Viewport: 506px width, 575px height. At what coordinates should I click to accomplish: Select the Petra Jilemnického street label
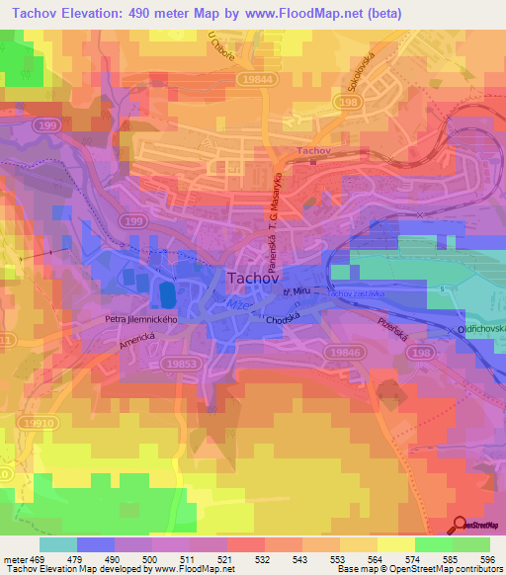tap(140, 319)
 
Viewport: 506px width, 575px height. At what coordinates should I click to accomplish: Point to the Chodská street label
tap(282, 321)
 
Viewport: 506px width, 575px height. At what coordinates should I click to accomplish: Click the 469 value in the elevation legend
tap(38, 560)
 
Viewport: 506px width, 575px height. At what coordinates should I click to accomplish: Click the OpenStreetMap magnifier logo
tap(461, 525)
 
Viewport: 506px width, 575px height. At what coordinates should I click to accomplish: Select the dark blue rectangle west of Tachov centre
tap(166, 294)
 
